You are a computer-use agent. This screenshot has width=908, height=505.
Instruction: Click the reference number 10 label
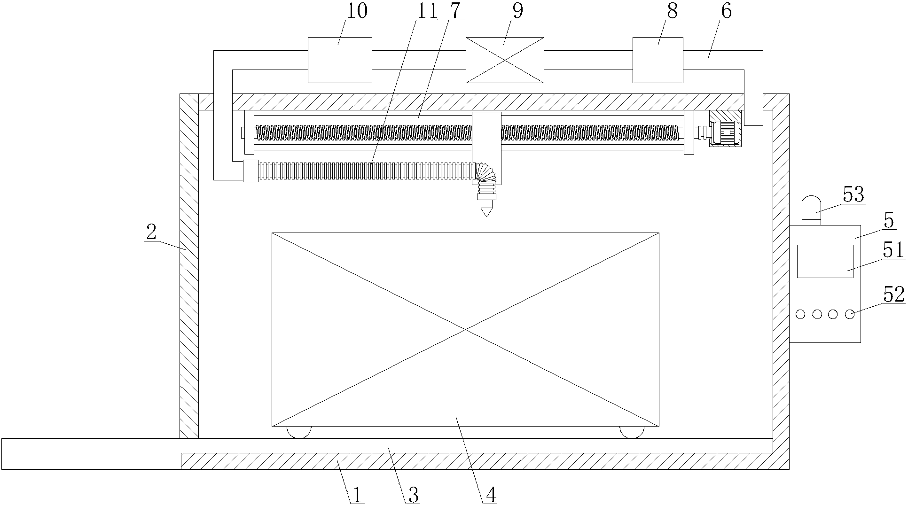[357, 11]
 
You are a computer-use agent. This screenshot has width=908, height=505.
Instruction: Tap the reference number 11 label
[427, 11]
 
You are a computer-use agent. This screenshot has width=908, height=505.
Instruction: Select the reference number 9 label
[517, 11]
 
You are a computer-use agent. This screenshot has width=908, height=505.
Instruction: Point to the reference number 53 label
[853, 194]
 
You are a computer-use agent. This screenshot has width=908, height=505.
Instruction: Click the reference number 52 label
[893, 295]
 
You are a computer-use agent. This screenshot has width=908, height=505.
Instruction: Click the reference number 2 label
[151, 232]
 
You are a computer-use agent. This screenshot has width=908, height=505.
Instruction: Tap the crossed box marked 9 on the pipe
[505, 60]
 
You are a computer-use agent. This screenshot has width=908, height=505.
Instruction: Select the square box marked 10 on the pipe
[340, 60]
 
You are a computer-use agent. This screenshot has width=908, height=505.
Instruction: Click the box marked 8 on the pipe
[658, 60]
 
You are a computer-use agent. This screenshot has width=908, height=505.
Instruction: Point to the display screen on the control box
[825, 261]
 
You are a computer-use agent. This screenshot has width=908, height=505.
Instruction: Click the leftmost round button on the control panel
[801, 314]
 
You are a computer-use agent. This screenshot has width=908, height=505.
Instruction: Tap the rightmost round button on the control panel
[849, 314]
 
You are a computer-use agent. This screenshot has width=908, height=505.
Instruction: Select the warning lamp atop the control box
[811, 210]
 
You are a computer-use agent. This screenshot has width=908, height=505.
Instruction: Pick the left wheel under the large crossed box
[299, 432]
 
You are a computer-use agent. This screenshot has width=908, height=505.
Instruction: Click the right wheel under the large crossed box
[632, 432]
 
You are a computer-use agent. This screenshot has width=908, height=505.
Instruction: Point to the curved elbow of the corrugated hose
[484, 173]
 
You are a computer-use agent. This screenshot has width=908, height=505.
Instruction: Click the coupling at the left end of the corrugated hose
[250, 171]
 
